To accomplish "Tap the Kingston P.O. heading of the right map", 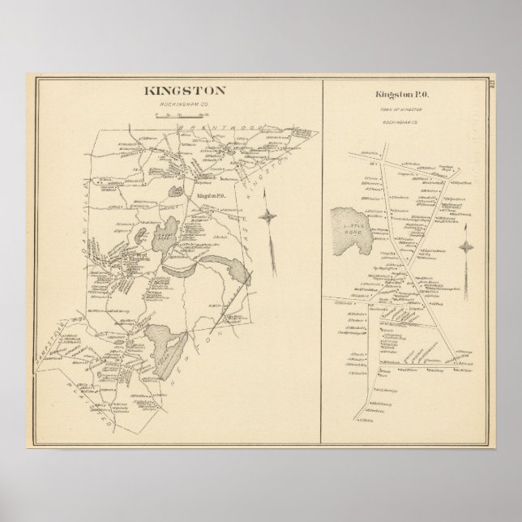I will [x=404, y=96].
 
